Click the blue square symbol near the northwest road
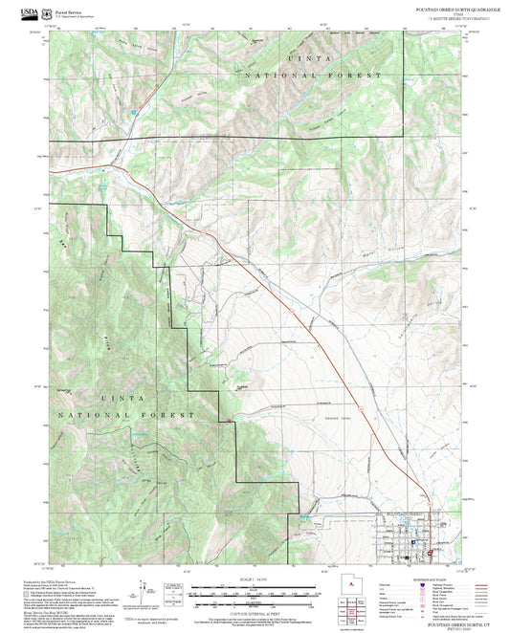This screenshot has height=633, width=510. pos(133,111)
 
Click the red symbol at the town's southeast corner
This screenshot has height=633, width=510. pos(432,553)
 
